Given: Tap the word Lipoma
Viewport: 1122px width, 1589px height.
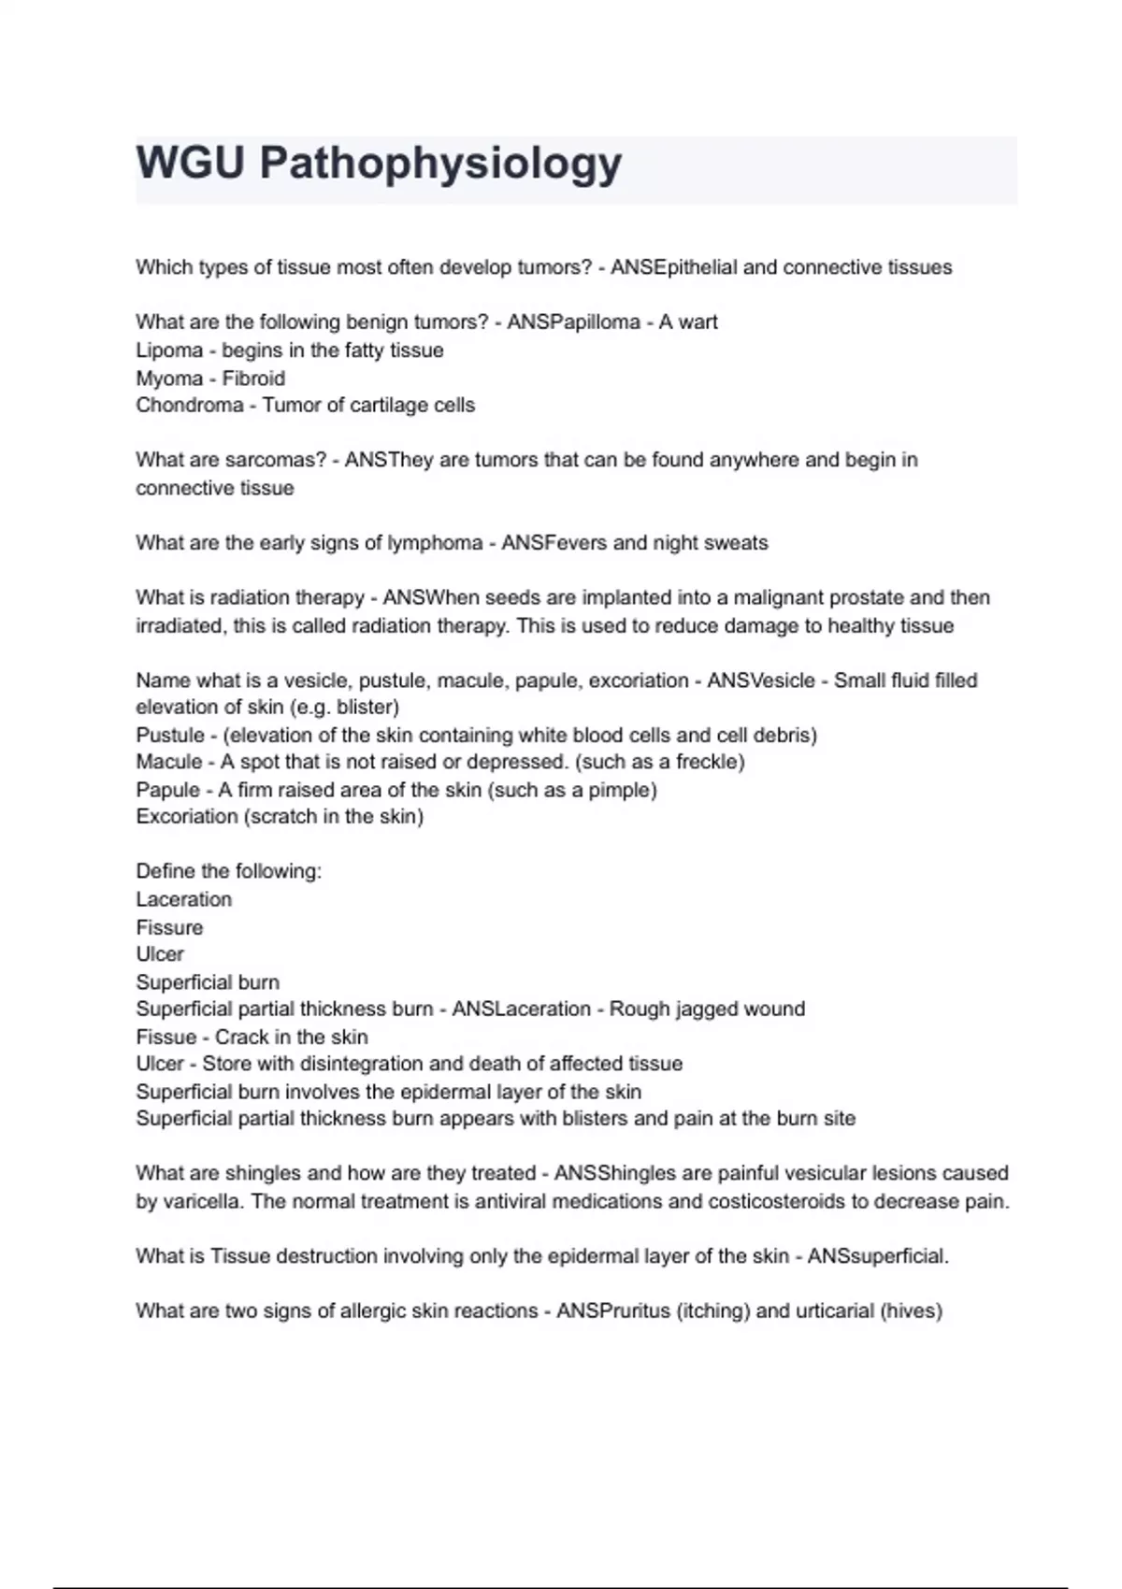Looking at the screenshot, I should point(169,351).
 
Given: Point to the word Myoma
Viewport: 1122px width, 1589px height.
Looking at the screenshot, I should point(169,379).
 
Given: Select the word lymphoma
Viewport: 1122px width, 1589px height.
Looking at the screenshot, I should point(436,543).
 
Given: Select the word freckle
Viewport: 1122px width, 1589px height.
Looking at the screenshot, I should point(705,762).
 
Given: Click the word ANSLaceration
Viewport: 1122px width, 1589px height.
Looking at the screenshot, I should point(521,1009).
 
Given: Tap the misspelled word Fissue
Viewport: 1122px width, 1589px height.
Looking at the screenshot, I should point(165,1038).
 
